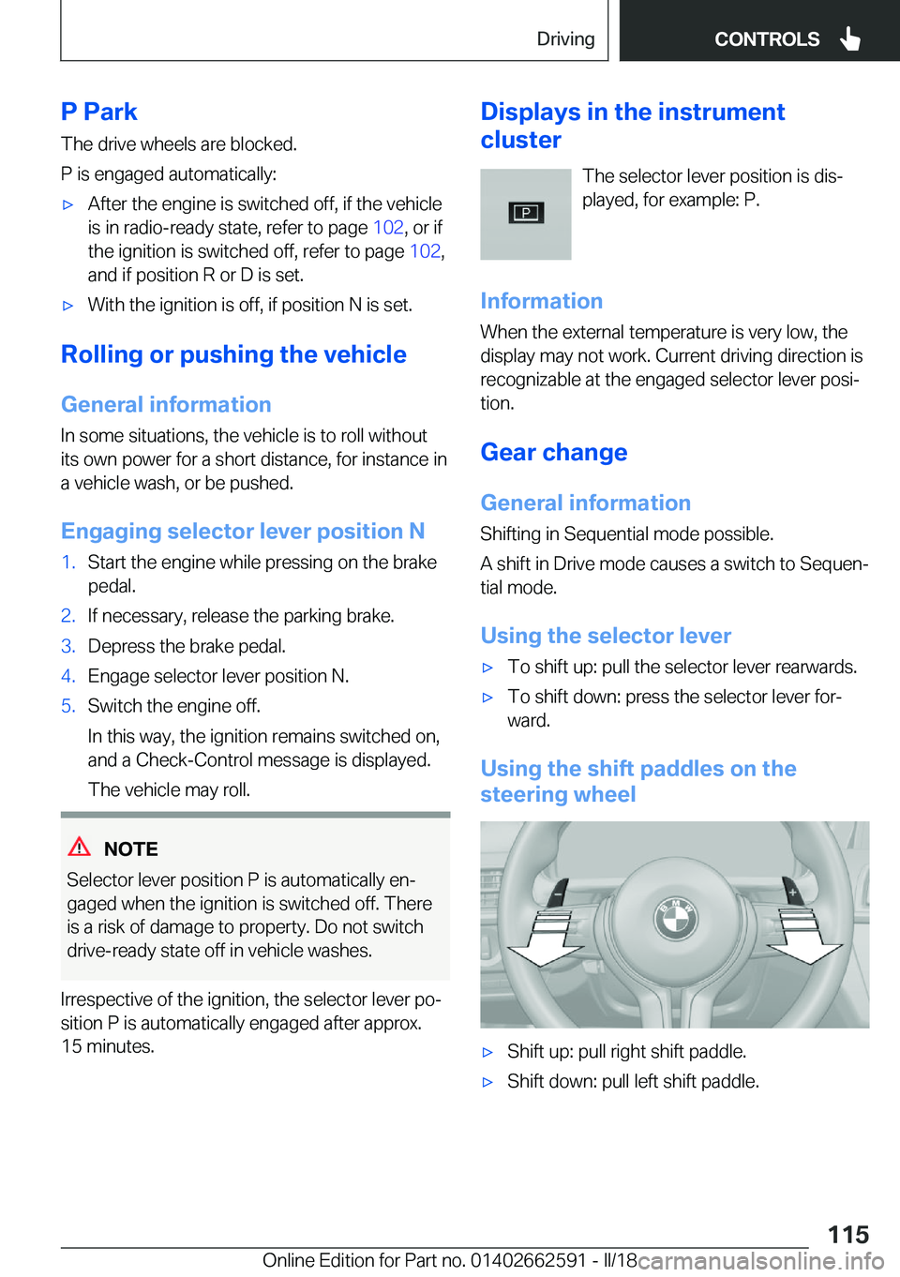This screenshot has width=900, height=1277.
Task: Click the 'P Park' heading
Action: tap(98, 112)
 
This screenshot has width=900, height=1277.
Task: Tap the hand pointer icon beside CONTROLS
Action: tap(850, 38)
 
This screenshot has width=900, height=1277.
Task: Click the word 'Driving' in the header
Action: tap(565, 38)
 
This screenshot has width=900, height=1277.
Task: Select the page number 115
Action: tap(847, 1234)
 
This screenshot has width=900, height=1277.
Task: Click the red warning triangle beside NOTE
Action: tap(80, 847)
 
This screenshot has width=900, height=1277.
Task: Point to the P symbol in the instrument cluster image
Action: tap(526, 213)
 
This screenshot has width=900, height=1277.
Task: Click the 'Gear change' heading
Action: tap(553, 452)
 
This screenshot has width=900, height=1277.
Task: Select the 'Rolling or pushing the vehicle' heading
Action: tap(233, 354)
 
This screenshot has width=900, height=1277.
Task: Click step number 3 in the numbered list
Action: tap(67, 646)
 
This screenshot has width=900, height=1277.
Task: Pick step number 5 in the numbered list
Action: tap(67, 706)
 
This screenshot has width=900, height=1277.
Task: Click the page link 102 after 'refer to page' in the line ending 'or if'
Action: tap(388, 228)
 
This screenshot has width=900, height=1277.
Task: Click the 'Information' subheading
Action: tap(541, 301)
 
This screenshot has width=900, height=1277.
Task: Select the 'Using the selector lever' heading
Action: tap(606, 636)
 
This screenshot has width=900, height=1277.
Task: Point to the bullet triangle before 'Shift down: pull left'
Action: tap(487, 1082)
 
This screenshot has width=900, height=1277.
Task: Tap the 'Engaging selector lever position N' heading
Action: tap(243, 531)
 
